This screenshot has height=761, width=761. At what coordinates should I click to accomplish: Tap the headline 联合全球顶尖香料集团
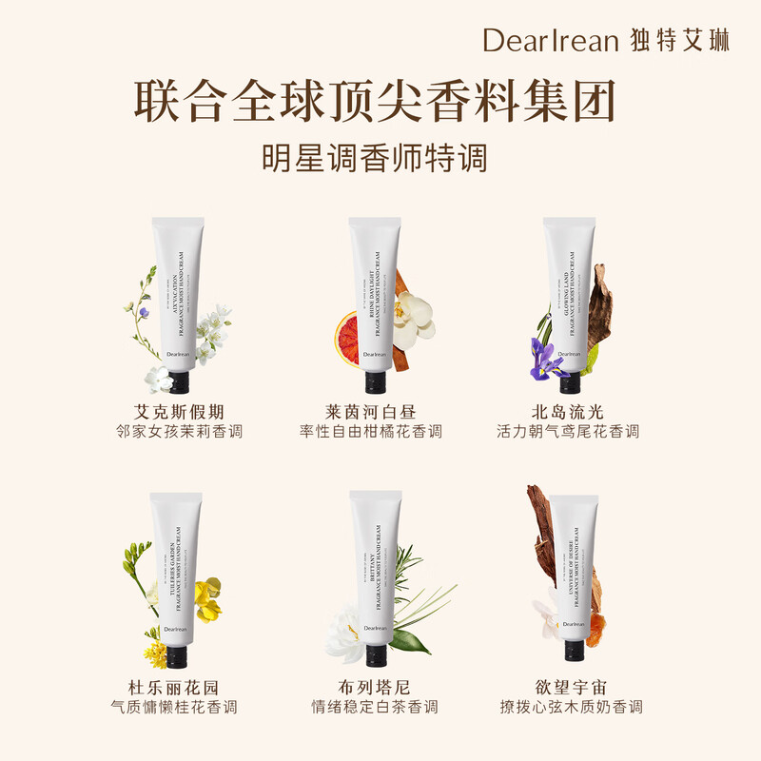374,101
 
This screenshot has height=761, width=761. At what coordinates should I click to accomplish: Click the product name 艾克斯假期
178,412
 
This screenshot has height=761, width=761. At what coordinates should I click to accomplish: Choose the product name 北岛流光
568,412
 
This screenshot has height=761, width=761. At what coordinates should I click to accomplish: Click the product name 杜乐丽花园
178,687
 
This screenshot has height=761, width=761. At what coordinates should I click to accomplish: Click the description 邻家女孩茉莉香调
178,432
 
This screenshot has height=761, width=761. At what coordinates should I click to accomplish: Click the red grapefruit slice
346,333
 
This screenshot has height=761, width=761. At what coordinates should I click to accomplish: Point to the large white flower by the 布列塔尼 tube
344,632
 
